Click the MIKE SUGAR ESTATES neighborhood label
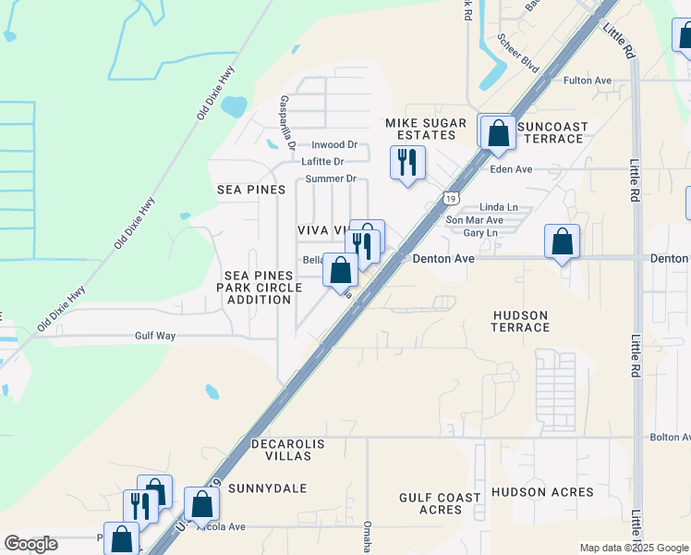tap(420, 128)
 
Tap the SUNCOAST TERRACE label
tap(552, 132)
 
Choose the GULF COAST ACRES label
tap(440, 503)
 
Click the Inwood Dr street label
tap(333, 145)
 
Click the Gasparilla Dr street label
tap(287, 123)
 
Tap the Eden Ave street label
tap(512, 169)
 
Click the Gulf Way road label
tap(154, 337)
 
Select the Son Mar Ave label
tap(474, 220)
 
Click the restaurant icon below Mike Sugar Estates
tap(407, 163)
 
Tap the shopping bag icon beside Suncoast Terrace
tap(499, 132)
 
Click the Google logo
tap(31, 544)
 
